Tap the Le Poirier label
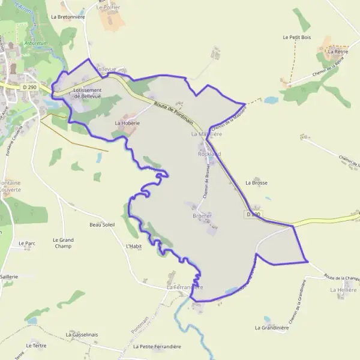(x=108, y=7)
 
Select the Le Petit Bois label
(x=297, y=37)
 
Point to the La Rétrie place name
(x=338, y=52)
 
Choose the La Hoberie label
(x=127, y=122)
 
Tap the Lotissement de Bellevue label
(x=87, y=93)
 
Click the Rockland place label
(x=209, y=154)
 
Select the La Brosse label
(x=256, y=182)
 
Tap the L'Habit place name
(x=133, y=246)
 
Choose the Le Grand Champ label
(x=63, y=243)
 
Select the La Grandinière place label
(x=272, y=328)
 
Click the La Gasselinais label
(x=82, y=334)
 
